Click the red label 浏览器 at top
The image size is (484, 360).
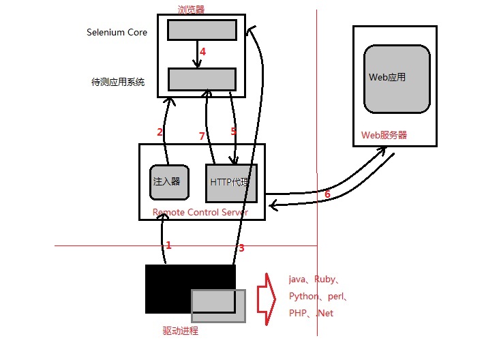(x=191, y=10)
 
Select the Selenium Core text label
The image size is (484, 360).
(x=117, y=32)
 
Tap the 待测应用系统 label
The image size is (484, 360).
(x=118, y=82)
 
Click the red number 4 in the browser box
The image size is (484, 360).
(x=202, y=51)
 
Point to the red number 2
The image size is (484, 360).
(x=160, y=132)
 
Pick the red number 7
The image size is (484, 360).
(x=202, y=136)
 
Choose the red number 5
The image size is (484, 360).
(x=233, y=130)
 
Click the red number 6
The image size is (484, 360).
(x=327, y=194)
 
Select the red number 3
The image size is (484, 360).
(x=241, y=248)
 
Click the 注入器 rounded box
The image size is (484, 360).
(x=167, y=181)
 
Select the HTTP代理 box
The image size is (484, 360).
(x=231, y=183)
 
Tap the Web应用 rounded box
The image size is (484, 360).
(x=397, y=78)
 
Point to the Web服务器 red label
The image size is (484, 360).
(x=384, y=135)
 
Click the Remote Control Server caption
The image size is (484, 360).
(x=200, y=212)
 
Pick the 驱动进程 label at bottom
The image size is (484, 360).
(x=180, y=331)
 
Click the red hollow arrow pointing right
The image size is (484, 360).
(x=265, y=298)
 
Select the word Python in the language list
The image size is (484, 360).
(x=303, y=297)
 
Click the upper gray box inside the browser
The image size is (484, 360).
(x=202, y=30)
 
